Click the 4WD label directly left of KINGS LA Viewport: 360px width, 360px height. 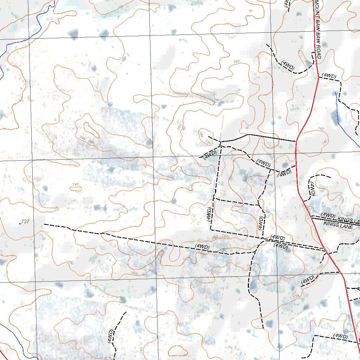[328, 215]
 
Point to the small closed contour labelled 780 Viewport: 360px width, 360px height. [205, 136]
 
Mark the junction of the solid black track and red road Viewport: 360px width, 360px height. [296, 141]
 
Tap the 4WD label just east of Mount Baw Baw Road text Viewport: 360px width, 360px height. [329, 76]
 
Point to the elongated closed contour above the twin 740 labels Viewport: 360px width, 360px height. [91, 130]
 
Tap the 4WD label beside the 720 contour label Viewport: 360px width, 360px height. [308, 280]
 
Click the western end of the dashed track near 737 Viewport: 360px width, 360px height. [44, 224]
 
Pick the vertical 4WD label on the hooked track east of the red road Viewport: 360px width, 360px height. [311, 189]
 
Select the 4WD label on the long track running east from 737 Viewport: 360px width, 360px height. [202, 247]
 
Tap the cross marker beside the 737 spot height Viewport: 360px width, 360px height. [20, 224]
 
